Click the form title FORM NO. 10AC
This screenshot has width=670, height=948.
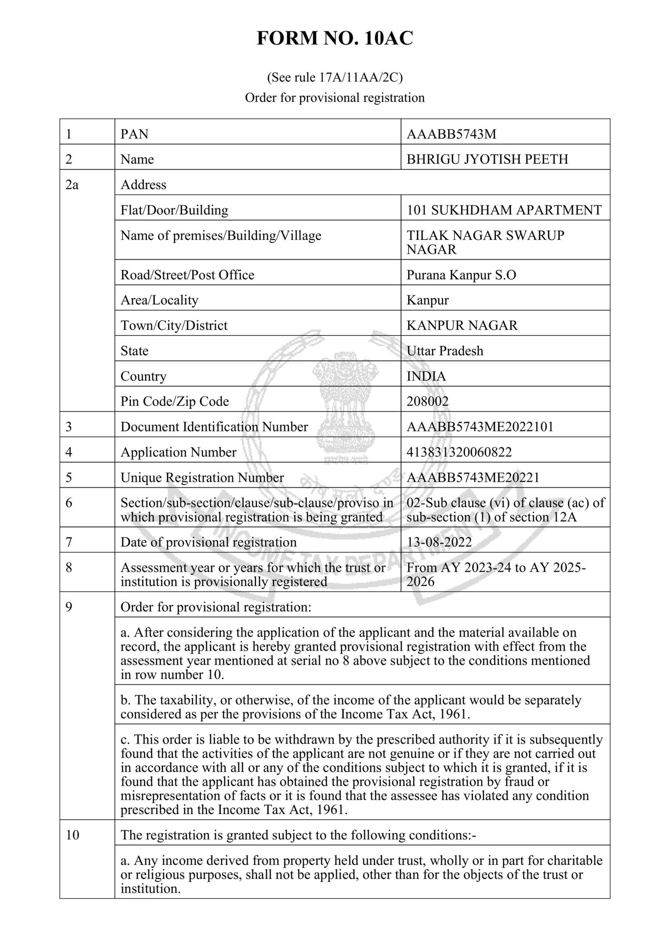pyautogui.click(x=335, y=39)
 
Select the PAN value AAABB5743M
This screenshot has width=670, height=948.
pyautogui.click(x=451, y=134)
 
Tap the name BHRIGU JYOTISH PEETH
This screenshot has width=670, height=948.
pyautogui.click(x=487, y=159)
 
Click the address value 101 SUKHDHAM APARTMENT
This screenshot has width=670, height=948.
pyautogui.click(x=504, y=210)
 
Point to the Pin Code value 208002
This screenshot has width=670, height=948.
pyautogui.click(x=428, y=401)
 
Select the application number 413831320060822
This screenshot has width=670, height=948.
pyautogui.click(x=459, y=452)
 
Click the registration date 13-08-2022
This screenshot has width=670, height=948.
pyautogui.click(x=439, y=542)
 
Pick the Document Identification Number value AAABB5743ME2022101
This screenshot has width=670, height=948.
pyautogui.click(x=480, y=427)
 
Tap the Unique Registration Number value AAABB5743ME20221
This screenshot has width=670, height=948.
pyautogui.click(x=473, y=477)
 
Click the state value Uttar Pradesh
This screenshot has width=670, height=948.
pyautogui.click(x=445, y=350)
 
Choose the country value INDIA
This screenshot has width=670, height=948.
pyautogui.click(x=426, y=376)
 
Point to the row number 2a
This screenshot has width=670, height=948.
pyautogui.click(x=72, y=185)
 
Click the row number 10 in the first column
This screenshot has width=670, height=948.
pyautogui.click(x=72, y=835)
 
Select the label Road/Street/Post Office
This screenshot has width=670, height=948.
pyautogui.click(x=187, y=275)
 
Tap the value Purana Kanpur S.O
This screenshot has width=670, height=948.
pyautogui.click(x=461, y=275)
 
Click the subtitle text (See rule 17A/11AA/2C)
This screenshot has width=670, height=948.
pyautogui.click(x=335, y=77)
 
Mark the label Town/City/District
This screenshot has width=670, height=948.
pyautogui.click(x=174, y=325)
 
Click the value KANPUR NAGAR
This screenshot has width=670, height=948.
pyautogui.click(x=462, y=325)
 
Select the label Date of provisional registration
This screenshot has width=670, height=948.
pyautogui.click(x=208, y=542)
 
